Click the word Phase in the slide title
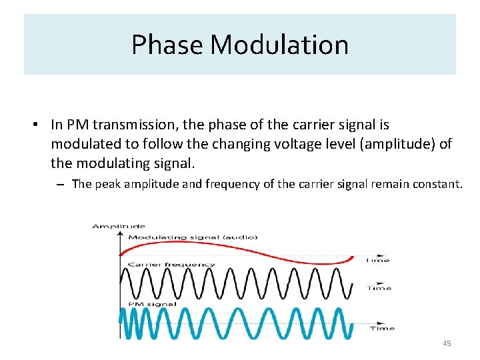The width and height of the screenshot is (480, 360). (x=167, y=45)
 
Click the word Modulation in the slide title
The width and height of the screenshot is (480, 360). (x=279, y=45)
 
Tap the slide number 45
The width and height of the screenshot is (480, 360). (x=446, y=343)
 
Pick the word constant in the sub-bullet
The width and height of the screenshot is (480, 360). (x=438, y=184)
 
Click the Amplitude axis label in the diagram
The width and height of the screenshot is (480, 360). (x=119, y=227)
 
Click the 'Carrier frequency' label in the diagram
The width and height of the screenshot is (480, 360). (x=171, y=264)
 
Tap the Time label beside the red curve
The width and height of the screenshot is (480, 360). (x=377, y=260)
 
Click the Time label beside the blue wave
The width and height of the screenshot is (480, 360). (x=382, y=328)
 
